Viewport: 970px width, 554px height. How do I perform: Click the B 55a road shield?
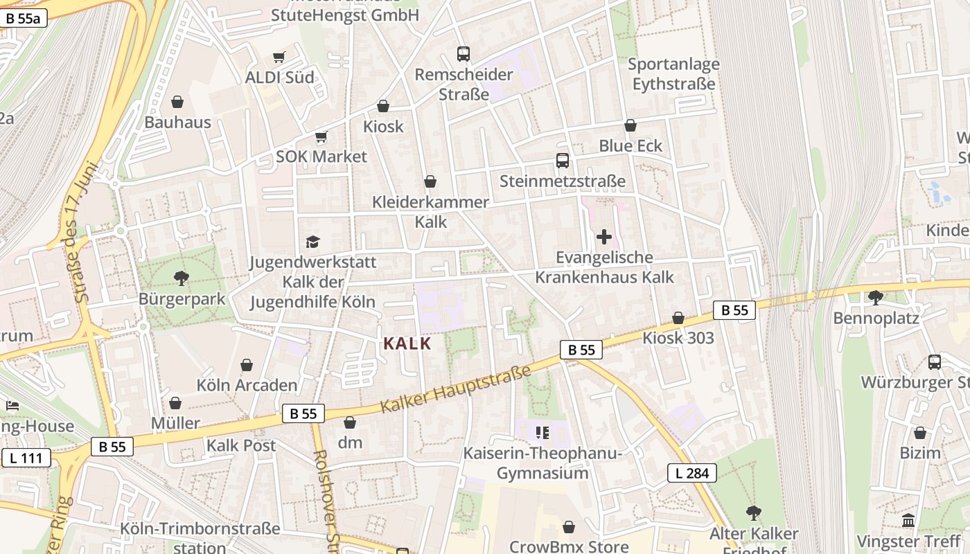click(x=24, y=19)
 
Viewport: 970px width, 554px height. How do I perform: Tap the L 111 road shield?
click(x=26, y=458)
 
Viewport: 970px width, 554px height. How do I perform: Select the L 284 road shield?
click(x=691, y=473)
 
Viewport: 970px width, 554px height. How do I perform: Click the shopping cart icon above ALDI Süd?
click(x=279, y=57)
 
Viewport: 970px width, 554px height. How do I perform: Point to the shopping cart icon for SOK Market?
click(x=321, y=136)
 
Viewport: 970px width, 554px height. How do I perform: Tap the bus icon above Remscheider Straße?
click(x=464, y=53)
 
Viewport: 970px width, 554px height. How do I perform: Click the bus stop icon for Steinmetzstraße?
click(x=563, y=161)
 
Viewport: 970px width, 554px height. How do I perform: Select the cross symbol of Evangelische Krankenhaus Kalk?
click(x=604, y=237)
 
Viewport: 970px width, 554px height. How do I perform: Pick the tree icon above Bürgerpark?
click(x=182, y=278)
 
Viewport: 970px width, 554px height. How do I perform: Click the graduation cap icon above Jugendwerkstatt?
click(x=313, y=242)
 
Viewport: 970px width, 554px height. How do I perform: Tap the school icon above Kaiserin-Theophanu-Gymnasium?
click(x=543, y=433)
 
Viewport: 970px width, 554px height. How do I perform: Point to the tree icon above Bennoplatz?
click(x=876, y=298)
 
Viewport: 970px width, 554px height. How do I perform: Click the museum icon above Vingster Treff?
click(x=908, y=520)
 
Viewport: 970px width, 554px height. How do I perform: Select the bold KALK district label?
click(x=407, y=343)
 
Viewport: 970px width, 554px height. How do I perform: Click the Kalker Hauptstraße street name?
click(x=456, y=390)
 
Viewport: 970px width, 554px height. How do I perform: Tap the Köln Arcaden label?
click(x=247, y=385)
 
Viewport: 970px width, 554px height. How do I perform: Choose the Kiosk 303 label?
click(x=678, y=338)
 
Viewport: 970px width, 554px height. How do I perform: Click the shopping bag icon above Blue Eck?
click(x=630, y=125)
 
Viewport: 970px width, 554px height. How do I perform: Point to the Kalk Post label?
click(x=241, y=445)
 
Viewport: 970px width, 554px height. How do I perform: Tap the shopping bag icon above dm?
click(x=350, y=422)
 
